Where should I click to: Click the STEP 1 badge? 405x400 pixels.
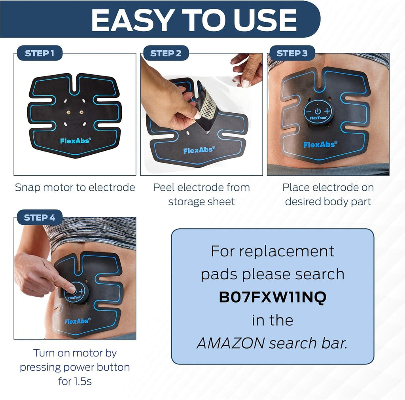point(40,53)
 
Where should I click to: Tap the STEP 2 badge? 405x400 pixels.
point(166,53)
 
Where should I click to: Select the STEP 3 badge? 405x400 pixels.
point(292,53)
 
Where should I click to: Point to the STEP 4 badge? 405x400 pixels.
point(40,218)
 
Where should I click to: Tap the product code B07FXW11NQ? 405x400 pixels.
point(273,297)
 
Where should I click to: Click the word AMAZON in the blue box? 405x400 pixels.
point(230,343)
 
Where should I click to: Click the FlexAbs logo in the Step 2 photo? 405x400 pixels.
point(199,150)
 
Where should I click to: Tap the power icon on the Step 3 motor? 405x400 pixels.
point(318,111)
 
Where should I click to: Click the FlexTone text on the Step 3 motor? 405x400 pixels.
point(318,118)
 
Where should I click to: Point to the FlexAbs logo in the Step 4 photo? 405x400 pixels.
point(77,321)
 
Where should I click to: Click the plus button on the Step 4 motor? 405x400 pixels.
point(81,291)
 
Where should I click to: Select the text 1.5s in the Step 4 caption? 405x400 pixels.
point(82,381)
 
